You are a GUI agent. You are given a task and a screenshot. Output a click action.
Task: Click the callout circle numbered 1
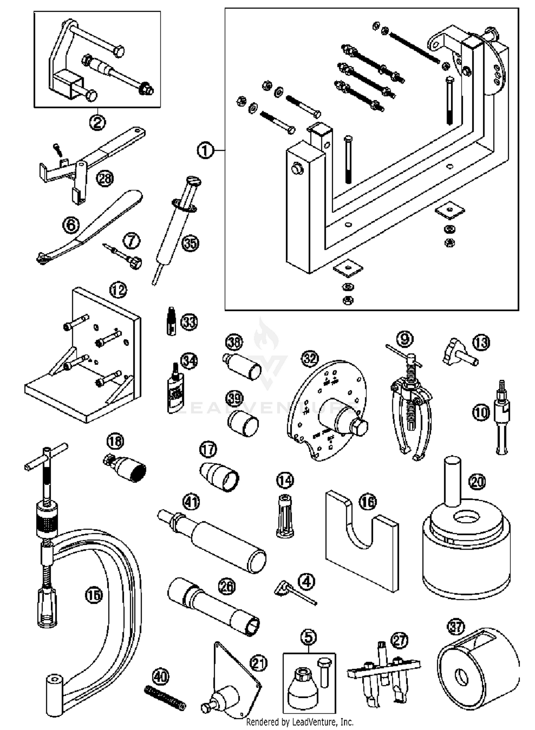point(205,151)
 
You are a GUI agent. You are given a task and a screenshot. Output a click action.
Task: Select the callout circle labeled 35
point(190,243)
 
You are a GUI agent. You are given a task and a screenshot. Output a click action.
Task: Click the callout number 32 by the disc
point(310,358)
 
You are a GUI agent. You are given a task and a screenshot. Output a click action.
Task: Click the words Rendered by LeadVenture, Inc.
point(300,722)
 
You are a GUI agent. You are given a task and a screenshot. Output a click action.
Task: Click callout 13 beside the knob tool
point(481,343)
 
